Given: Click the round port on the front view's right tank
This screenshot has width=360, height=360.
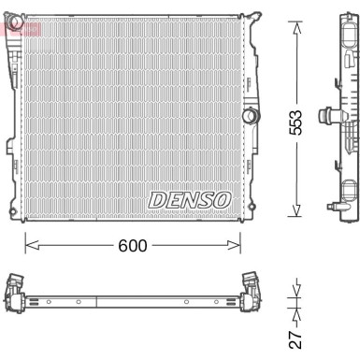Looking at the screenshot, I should [249, 116].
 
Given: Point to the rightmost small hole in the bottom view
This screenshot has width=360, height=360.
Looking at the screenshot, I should [217, 300].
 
